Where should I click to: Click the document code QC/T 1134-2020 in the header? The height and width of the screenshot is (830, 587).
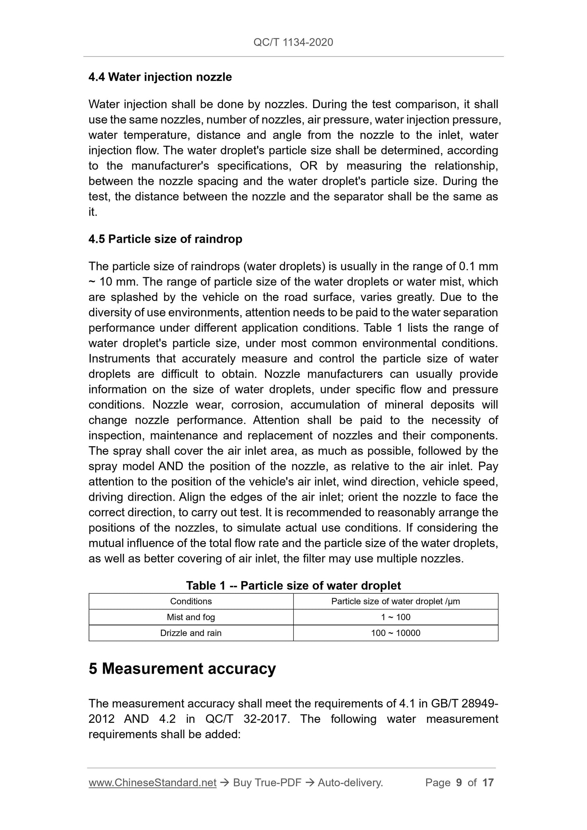293,42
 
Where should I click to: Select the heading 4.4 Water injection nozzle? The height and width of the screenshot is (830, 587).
160,77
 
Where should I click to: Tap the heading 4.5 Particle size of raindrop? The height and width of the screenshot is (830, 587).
165,239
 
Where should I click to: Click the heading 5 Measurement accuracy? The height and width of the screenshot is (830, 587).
182,669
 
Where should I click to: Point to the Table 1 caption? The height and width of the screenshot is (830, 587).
293,586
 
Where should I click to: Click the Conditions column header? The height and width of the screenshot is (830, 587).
191,601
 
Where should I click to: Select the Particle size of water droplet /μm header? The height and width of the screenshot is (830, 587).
396,601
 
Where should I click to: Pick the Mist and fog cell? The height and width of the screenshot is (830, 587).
191,617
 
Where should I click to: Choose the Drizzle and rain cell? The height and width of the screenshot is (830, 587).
191,633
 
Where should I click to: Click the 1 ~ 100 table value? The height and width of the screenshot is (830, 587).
396,617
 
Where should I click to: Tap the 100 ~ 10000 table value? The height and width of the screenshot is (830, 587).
396,633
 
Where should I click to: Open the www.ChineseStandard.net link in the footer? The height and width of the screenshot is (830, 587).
152,783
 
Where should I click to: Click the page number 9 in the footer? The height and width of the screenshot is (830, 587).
459,783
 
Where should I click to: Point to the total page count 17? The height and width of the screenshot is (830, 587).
488,783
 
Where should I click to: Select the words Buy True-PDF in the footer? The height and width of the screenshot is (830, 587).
267,783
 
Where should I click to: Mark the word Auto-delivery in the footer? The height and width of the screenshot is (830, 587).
350,783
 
